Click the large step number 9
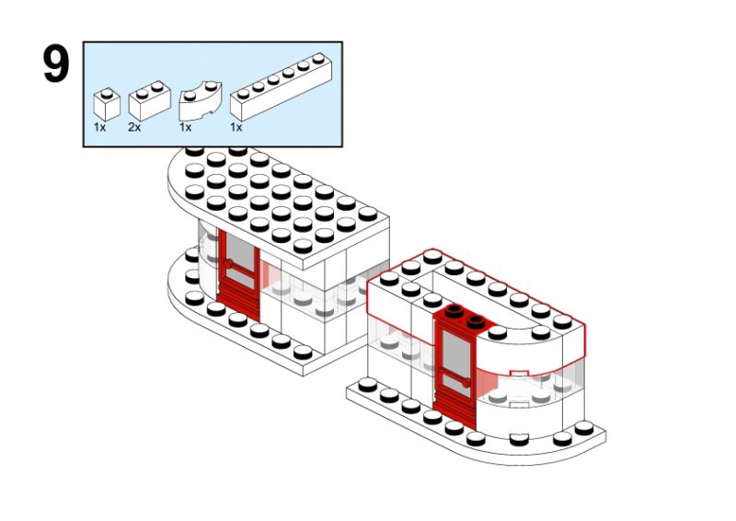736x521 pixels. tap(56, 64)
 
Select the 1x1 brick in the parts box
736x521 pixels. tap(107, 104)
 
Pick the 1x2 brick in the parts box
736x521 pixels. tap(149, 100)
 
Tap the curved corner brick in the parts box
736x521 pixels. tap(201, 101)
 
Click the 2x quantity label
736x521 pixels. tap(134, 127)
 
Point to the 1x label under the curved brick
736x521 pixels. tap(185, 127)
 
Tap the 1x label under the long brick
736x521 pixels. tap(236, 127)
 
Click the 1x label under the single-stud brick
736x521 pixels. tap(99, 127)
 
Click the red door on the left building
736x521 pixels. tap(238, 275)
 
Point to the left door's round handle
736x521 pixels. tap(228, 264)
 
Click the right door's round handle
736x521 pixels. tap(466, 383)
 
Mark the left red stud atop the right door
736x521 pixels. tap(454, 310)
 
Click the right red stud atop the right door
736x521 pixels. tap(476, 322)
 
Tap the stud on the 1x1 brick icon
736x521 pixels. tap(107, 94)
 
